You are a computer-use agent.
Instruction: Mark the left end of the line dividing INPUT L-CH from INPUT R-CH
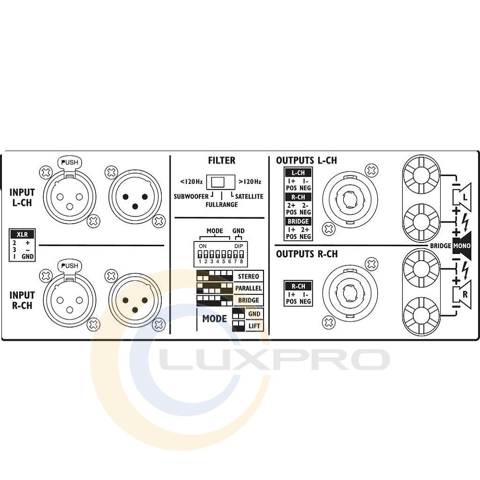click(x=39, y=245)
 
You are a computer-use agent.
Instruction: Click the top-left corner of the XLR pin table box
click(x=9, y=228)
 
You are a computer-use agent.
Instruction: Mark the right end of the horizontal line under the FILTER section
click(x=264, y=218)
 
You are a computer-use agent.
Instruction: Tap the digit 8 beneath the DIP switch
click(x=241, y=262)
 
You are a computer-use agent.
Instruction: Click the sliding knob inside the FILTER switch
click(x=217, y=182)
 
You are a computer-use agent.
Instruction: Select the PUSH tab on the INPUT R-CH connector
click(x=70, y=266)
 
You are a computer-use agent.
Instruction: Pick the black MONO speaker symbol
click(x=462, y=245)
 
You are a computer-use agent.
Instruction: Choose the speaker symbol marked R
click(x=462, y=295)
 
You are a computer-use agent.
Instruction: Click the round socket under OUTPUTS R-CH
click(x=350, y=293)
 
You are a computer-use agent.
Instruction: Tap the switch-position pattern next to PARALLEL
click(x=215, y=288)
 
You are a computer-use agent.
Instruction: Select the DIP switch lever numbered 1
click(x=200, y=254)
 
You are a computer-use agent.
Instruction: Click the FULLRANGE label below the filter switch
click(x=222, y=204)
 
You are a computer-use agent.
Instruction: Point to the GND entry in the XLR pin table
click(x=27, y=256)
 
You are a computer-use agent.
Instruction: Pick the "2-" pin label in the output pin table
click(x=305, y=205)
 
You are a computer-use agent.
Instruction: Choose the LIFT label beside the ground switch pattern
click(x=254, y=326)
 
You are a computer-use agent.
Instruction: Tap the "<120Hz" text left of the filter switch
click(x=192, y=182)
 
